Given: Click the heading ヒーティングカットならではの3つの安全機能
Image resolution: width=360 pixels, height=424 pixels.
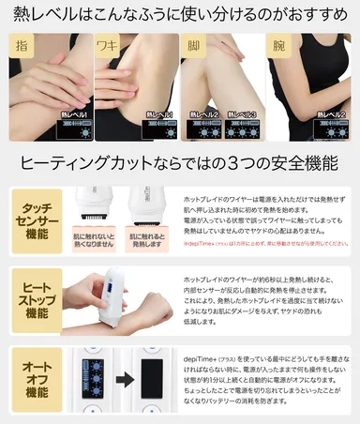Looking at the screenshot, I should pyautogui.click(x=180, y=161).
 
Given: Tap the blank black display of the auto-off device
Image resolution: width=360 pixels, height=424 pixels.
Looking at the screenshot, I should pyautogui.click(x=149, y=386).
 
